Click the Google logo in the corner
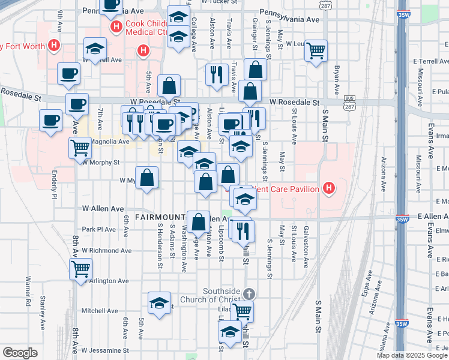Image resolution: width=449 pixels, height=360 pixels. (x=20, y=353)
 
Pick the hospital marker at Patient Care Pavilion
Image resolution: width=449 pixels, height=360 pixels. (x=328, y=189)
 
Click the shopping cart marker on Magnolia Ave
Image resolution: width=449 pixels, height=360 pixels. (x=80, y=147)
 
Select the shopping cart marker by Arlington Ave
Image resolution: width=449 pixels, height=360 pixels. (x=80, y=269)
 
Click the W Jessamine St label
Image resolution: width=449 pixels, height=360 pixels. (x=105, y=350)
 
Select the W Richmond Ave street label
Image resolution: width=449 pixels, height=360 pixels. (x=106, y=250)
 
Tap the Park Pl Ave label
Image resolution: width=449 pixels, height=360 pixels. (x=98, y=229)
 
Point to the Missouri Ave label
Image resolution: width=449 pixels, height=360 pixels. (x=420, y=79)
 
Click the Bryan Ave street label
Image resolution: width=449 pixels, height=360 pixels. (x=337, y=77)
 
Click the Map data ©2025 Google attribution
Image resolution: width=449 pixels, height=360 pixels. (x=412, y=355)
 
